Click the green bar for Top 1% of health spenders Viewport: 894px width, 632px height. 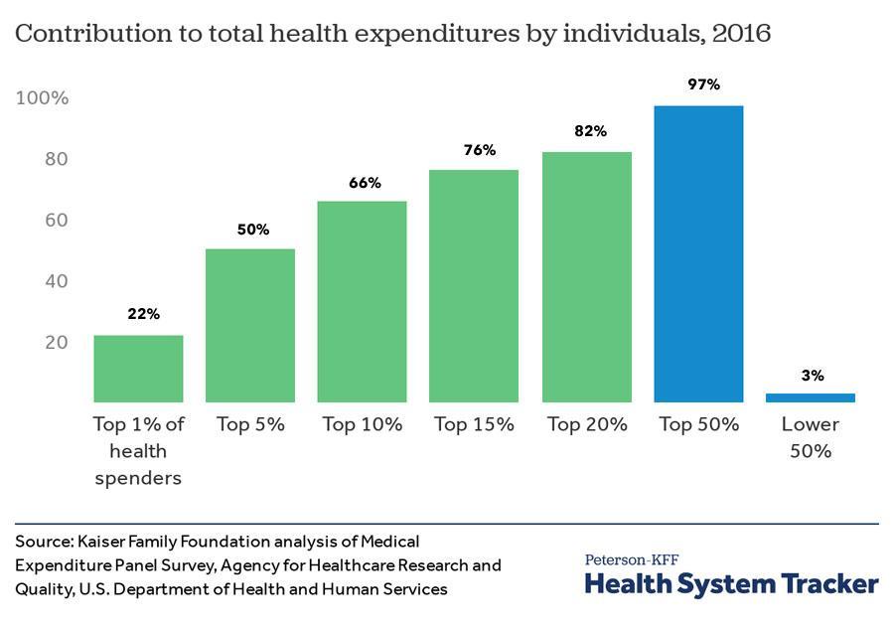[138, 369]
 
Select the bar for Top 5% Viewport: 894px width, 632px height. [250, 325]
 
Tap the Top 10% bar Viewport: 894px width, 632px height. [362, 301]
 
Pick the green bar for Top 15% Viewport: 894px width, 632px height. [474, 286]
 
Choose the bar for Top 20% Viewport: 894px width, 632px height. [586, 276]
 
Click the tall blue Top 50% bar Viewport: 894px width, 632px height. [698, 253]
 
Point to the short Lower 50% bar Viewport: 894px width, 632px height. [811, 397]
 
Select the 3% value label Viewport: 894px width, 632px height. [813, 376]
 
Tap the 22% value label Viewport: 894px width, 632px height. [143, 314]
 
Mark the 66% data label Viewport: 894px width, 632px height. [366, 183]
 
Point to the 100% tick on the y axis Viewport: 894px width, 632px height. [43, 98]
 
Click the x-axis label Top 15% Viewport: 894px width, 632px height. [474, 424]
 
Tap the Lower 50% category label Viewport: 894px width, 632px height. [811, 437]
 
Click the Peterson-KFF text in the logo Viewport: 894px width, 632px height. [632, 559]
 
